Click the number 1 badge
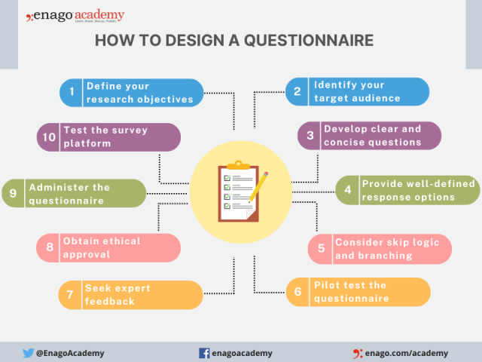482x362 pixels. [72, 92]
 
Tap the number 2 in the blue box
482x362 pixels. [297, 91]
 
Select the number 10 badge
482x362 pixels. [49, 137]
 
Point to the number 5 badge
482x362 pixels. [322, 248]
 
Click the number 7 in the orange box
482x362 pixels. [70, 295]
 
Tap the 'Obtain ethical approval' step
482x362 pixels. [109, 247]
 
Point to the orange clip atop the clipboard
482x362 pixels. [238, 163]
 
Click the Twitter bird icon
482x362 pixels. [28, 352]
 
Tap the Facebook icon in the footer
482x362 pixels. [203, 352]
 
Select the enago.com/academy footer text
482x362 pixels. [406, 352]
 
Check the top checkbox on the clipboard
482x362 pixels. [224, 177]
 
